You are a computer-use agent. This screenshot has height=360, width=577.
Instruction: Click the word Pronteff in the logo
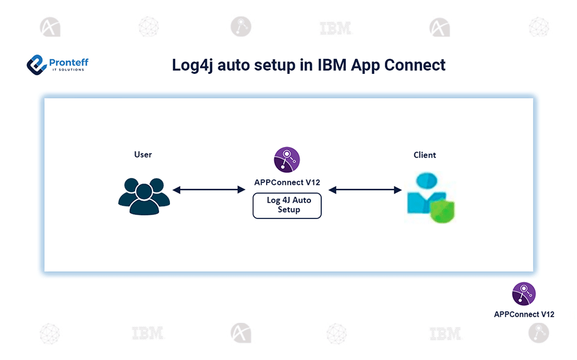[x=68, y=61]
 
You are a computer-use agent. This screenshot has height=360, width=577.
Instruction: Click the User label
[x=143, y=155]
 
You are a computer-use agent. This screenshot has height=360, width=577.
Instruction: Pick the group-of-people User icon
[x=143, y=196]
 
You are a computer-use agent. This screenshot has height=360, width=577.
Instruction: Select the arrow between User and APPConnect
[x=205, y=190]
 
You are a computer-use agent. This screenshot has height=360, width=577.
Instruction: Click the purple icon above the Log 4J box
[x=287, y=160]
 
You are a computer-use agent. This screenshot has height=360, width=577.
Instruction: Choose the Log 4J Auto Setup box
[x=287, y=205]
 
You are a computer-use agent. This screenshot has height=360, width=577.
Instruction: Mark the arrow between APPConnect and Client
[x=365, y=190]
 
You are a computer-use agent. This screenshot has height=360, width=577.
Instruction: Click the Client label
[x=424, y=155]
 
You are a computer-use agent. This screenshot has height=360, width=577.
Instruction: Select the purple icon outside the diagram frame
[x=524, y=294]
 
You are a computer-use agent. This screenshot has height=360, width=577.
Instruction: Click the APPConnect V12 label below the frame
[x=524, y=314]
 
